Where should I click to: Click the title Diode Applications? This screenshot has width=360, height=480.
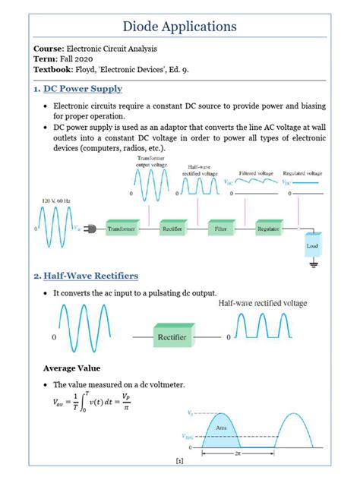coord(180,27)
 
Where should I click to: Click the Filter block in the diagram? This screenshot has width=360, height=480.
coord(220,227)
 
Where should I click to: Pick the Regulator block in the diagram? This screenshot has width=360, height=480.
coord(269,227)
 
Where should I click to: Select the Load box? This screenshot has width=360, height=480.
coord(312,245)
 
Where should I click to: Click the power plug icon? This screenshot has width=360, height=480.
coord(90,228)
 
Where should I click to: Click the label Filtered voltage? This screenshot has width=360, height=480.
coord(257,173)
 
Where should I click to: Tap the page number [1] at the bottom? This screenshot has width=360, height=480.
coord(179,461)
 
